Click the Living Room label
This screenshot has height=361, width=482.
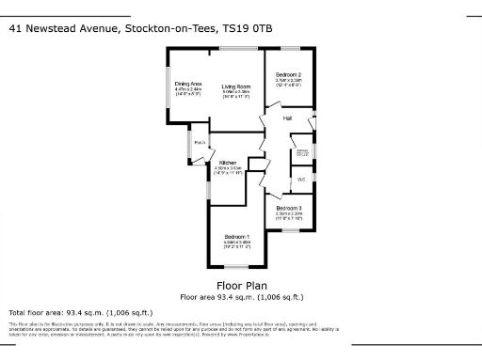[x=235, y=87]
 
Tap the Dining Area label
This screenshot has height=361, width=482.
[x=188, y=84]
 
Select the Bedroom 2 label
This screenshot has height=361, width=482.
[x=287, y=74]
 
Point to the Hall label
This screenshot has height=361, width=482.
[x=288, y=118]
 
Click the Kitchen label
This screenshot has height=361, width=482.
[x=231, y=163]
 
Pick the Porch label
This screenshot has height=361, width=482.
[x=200, y=142]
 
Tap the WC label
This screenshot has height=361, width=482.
[x=301, y=179]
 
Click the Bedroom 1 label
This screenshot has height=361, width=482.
[x=235, y=236]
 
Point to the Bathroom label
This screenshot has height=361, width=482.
[x=302, y=149]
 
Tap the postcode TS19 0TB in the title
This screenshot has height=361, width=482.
[x=249, y=28]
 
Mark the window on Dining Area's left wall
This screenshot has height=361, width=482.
[x=168, y=94]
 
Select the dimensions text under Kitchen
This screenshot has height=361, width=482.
[x=231, y=170]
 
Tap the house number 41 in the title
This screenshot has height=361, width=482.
[x=15, y=28]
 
